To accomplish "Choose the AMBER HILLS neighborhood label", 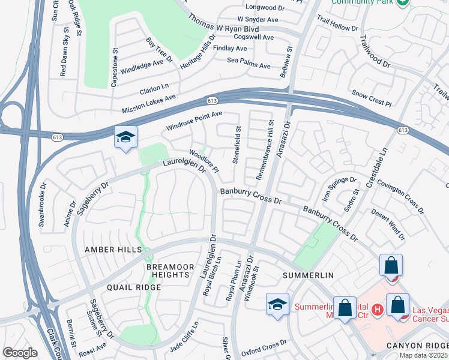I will (113, 250).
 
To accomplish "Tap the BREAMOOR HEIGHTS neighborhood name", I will (170, 270).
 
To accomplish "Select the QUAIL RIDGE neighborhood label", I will (134, 287).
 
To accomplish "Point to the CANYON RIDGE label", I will (417, 345).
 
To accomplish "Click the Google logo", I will (20, 353).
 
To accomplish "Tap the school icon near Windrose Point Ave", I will (126, 138).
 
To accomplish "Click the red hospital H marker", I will (377, 310).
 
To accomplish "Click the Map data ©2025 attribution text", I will (423, 355).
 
